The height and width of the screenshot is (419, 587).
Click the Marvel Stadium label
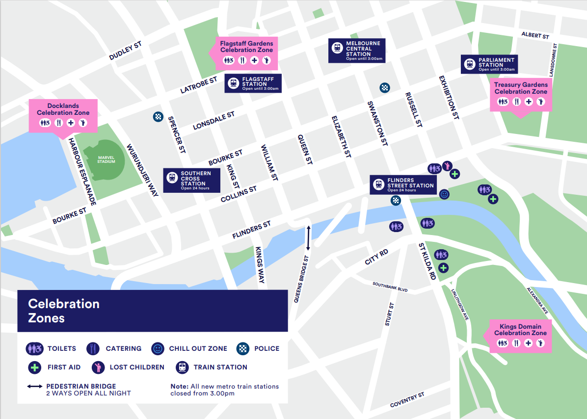[x=106, y=159]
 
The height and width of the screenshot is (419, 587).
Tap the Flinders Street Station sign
[x=403, y=185]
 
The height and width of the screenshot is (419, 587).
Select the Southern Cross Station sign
[x=191, y=181]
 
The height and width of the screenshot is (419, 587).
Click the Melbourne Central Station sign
[x=356, y=51]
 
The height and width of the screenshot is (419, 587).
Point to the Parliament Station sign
[x=489, y=64]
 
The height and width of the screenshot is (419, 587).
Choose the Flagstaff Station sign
[x=253, y=83]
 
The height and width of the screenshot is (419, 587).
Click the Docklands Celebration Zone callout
[x=63, y=115]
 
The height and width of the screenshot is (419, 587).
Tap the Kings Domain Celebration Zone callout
[x=520, y=336]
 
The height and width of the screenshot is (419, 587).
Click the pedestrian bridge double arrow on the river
[x=308, y=238]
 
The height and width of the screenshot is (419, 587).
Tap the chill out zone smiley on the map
[x=444, y=194]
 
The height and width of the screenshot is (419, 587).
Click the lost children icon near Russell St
[x=447, y=166]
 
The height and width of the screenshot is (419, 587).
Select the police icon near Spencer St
[x=158, y=117]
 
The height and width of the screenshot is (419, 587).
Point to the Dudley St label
[x=125, y=52]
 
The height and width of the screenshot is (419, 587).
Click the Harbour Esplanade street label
[x=81, y=171]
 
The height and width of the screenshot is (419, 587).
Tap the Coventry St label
[x=407, y=400]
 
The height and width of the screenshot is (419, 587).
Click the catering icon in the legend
[x=93, y=348]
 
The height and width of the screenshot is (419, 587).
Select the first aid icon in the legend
[x=34, y=367]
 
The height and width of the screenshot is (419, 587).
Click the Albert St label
[x=535, y=36]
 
